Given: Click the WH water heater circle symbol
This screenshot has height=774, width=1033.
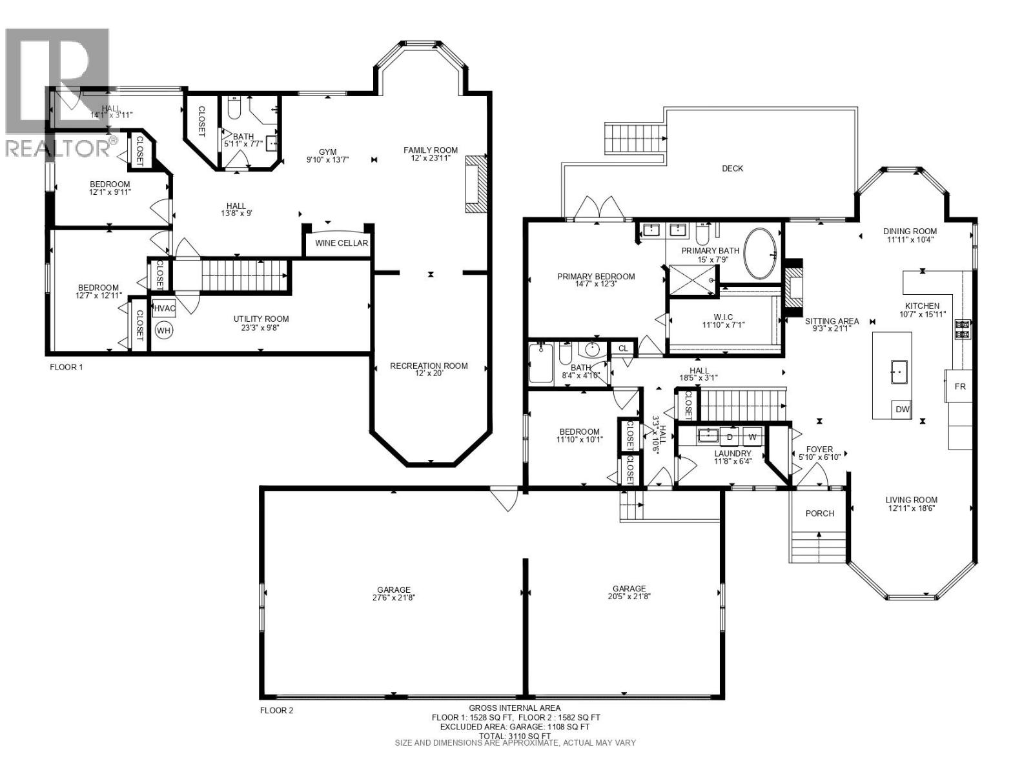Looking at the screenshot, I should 164,330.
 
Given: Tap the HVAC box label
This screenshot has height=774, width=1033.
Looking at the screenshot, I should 164,308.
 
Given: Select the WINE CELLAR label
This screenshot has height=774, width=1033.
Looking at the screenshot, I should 342,243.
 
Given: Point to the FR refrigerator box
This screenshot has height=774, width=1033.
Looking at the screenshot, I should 959,386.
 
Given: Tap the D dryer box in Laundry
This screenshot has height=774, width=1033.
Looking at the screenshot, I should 730,437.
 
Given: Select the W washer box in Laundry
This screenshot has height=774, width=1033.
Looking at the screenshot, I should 752,437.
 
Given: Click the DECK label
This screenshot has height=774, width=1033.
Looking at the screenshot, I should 732,168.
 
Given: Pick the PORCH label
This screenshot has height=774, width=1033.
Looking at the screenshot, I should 820,513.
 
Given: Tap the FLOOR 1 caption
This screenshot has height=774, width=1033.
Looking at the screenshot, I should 66,367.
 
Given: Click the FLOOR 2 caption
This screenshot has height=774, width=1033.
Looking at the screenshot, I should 276,711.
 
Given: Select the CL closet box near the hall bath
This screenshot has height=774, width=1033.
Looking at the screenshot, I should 622,348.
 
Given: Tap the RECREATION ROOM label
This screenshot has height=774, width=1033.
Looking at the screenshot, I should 429,366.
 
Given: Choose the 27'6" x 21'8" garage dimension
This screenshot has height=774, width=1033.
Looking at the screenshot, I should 394,598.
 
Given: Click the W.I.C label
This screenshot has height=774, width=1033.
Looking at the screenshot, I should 723,317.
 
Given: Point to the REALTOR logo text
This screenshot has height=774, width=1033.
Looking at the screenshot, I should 57,148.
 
